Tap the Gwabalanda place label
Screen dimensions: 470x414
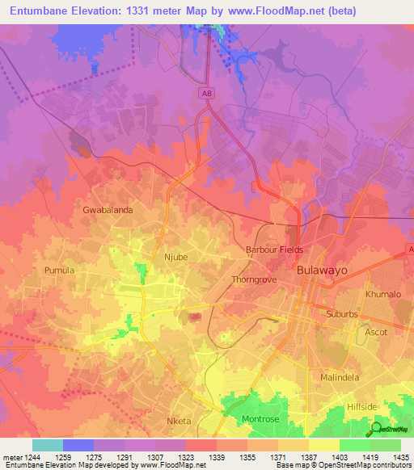click(108, 209)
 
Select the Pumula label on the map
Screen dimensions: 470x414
click(59, 270)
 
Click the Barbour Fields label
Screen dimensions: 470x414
click(275, 250)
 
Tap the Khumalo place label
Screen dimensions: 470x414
click(382, 295)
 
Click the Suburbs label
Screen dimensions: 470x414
click(346, 313)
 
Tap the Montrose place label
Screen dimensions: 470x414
click(260, 419)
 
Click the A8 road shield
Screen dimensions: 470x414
click(208, 94)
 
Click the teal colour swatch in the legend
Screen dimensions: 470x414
click(47, 444)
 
